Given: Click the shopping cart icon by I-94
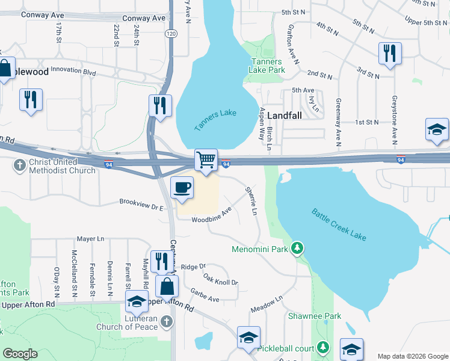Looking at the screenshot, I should tap(206, 161).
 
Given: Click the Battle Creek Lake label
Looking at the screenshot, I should tap(339, 224).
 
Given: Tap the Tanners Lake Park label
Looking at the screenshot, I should tap(267, 66).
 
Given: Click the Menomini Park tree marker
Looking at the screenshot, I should tap(297, 248).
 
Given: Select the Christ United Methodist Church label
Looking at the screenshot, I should tap(56, 166).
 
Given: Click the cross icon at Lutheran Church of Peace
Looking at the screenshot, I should tap(167, 323).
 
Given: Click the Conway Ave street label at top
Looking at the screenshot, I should tap(144, 19).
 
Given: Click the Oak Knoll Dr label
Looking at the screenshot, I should tap(220, 279).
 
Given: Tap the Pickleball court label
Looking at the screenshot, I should tap(286, 348).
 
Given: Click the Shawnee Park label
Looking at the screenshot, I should tap(314, 316).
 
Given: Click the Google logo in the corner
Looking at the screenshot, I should tap(20, 354).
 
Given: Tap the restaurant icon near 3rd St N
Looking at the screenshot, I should tap(390, 54).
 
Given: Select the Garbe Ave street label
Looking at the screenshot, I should tap(205, 294).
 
